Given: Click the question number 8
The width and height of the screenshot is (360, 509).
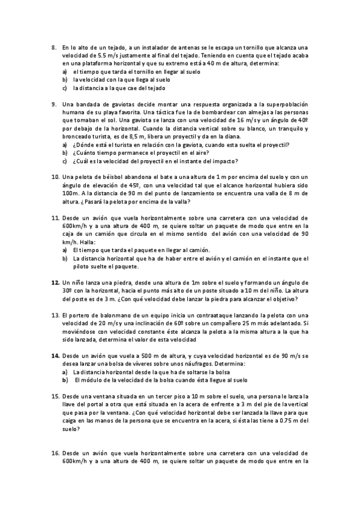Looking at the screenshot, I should click(x=53, y=47).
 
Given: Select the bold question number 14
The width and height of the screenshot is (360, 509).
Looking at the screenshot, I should click(x=55, y=356).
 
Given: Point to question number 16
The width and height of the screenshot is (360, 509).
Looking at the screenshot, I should click(x=55, y=453).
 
